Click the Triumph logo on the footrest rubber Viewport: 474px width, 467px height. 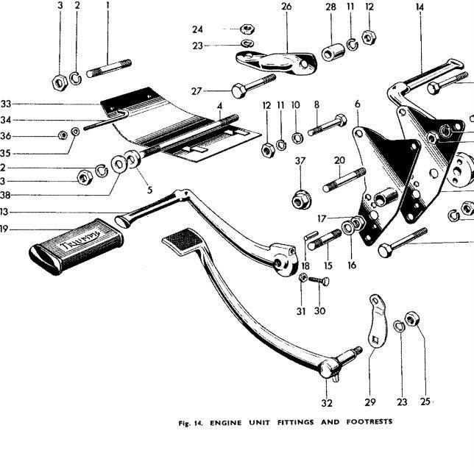(x=79, y=240)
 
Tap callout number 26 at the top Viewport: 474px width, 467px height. (x=286, y=7)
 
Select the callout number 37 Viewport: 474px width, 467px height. (x=300, y=161)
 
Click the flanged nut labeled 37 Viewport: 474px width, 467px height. (x=301, y=200)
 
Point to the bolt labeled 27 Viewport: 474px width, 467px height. (x=253, y=86)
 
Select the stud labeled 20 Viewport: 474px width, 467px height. (x=344, y=180)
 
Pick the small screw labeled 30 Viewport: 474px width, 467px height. (x=319, y=281)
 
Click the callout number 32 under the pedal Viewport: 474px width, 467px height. (x=327, y=403)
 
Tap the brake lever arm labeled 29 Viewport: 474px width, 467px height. (x=378, y=321)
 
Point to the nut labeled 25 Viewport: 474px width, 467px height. (x=411, y=319)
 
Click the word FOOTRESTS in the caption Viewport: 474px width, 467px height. (x=369, y=421)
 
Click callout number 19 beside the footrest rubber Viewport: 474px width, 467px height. (x=4, y=229)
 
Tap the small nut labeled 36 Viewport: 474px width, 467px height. (x=63, y=135)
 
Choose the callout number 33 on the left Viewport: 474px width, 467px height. (x=6, y=104)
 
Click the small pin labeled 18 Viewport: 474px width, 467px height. (x=311, y=235)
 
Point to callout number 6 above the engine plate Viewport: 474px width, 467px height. (x=358, y=104)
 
